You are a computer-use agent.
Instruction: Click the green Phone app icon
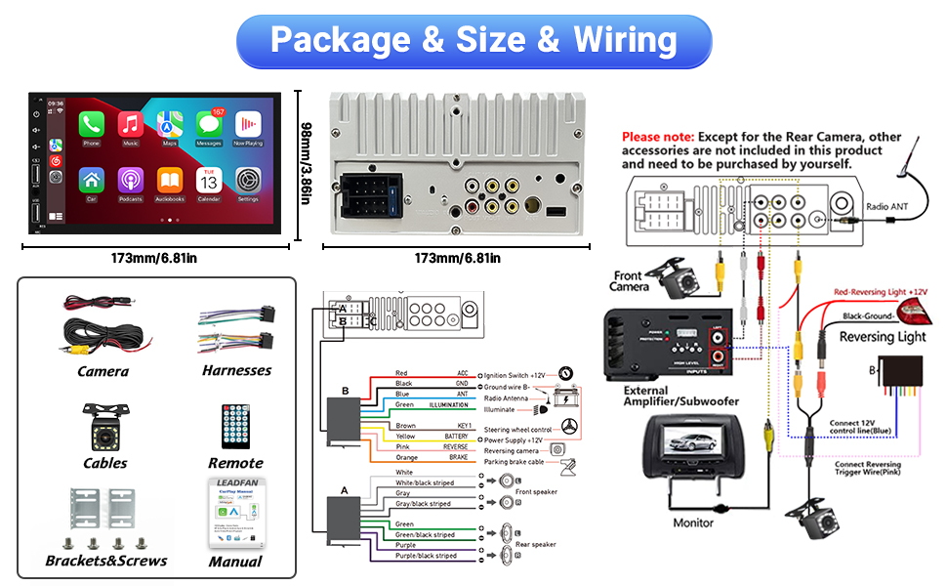pos(91,124)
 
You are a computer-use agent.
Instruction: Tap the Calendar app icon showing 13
pos(208,181)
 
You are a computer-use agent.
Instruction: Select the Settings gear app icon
pos(248,181)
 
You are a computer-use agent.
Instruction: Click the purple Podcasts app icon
pos(130,181)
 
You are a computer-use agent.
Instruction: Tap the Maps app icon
pos(170,124)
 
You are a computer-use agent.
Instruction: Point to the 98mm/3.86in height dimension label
pos(306,164)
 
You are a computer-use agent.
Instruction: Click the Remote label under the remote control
pos(235,463)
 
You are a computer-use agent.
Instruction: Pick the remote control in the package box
pos(234,426)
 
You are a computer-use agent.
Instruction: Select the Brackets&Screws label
pos(105,561)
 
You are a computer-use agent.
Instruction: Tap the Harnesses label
pos(236,370)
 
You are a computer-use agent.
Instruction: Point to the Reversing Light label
pos(883,337)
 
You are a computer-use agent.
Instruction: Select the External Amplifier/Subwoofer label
pos(673,397)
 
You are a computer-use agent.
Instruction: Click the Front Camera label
pos(629,281)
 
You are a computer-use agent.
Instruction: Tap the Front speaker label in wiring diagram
pos(536,491)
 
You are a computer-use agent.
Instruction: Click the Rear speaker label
pos(535,544)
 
